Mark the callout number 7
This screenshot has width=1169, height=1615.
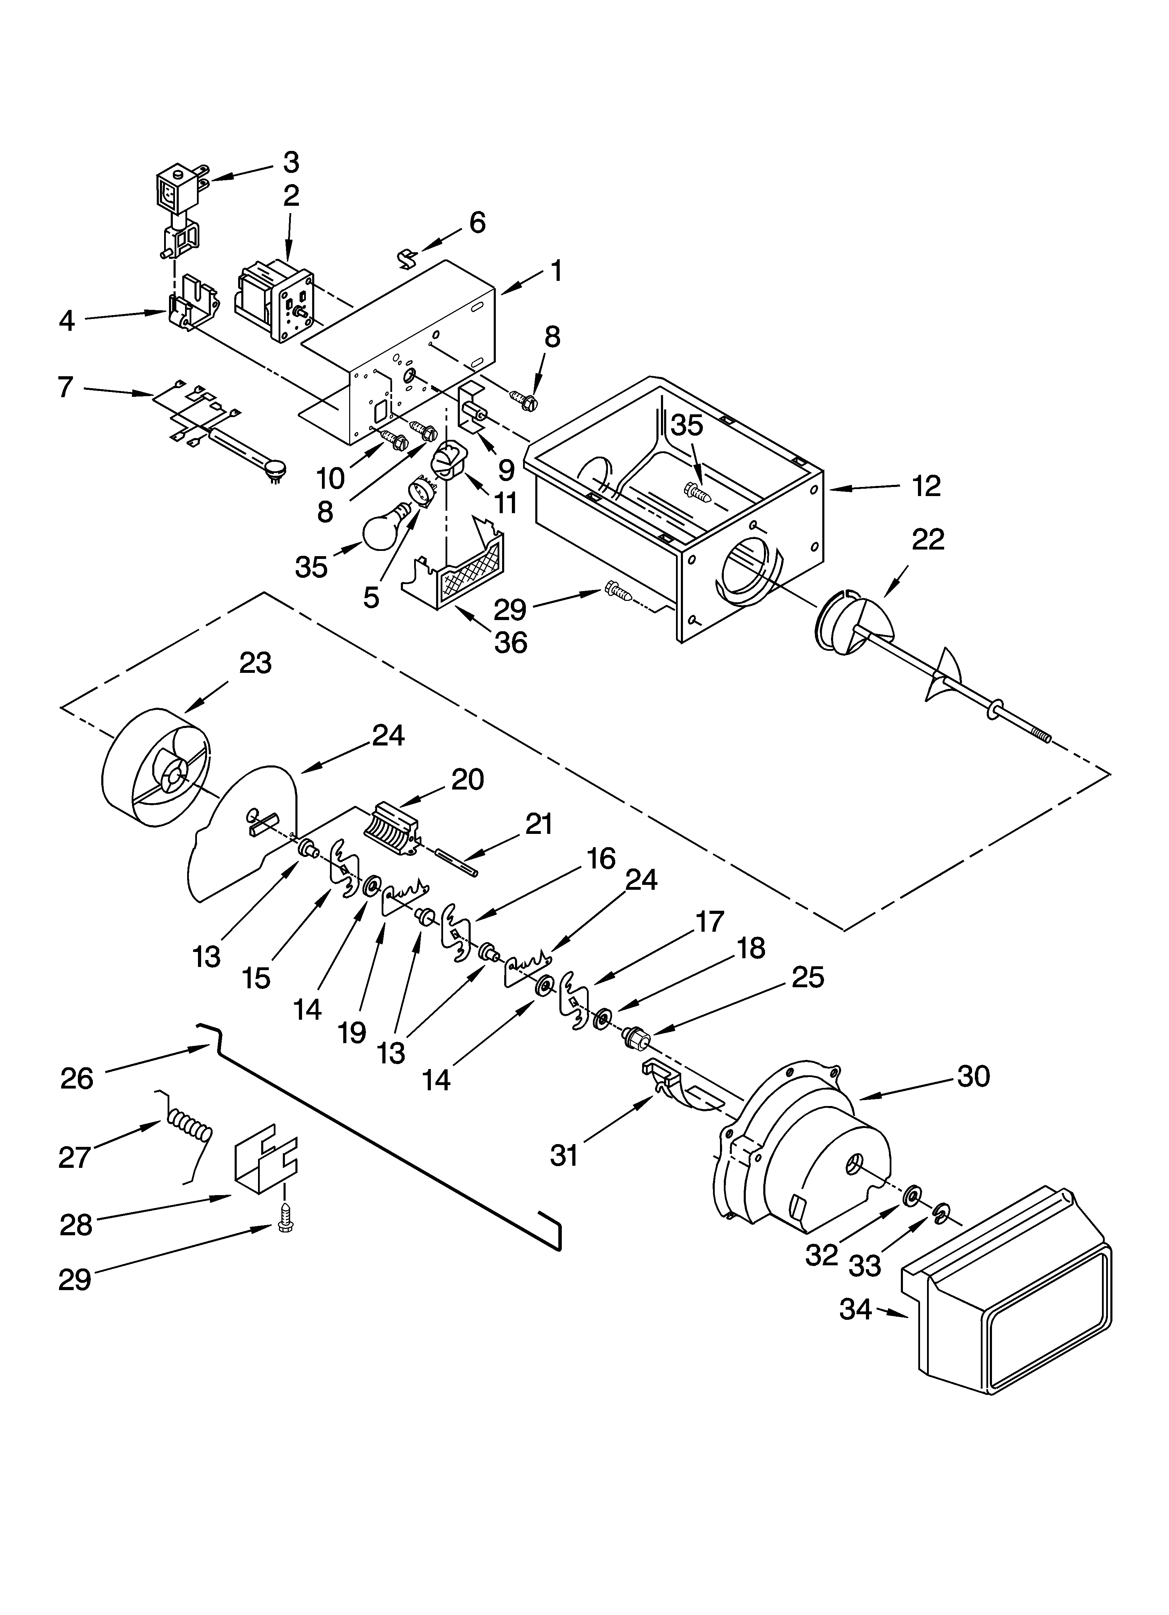(66, 387)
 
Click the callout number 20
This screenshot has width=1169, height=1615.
(467, 780)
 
